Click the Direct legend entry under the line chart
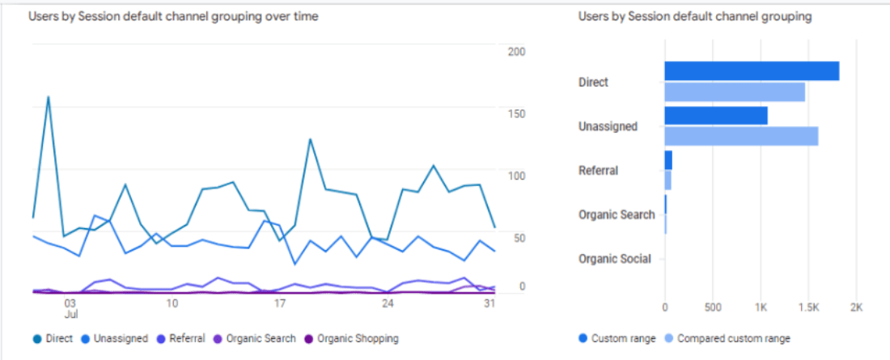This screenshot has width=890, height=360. pos(53,339)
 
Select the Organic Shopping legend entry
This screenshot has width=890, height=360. pos(352,339)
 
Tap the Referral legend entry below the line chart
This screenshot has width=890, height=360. pos(182,339)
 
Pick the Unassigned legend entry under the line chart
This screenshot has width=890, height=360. pos(114,339)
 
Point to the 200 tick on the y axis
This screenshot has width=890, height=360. pos(516,52)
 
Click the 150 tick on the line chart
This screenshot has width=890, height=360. pos(516,114)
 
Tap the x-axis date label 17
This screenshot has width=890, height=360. pos(280,303)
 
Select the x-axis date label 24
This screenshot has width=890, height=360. pos(388,303)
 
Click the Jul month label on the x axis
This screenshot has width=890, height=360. pos(71,314)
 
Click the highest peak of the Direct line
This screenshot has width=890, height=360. pos(49,98)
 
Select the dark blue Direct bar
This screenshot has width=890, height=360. pos(751,71)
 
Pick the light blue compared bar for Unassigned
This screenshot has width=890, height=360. pos(740,136)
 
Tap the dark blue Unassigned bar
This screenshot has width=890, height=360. pos(715,116)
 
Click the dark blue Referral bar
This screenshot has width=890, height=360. pos(668,160)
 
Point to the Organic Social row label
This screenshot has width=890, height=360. pos(614,260)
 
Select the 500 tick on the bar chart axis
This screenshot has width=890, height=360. pos(712,307)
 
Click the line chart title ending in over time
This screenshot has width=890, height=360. pos(173,17)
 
